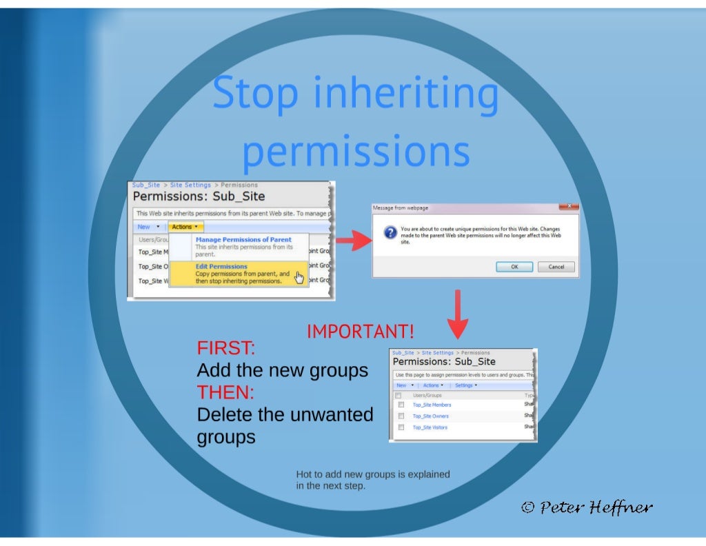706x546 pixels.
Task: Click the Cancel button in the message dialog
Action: tap(556, 267)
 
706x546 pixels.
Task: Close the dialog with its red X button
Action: tap(569, 206)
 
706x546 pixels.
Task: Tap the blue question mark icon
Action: tap(388, 232)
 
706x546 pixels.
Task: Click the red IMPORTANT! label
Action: tap(361, 332)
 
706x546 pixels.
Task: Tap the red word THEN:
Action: tap(225, 393)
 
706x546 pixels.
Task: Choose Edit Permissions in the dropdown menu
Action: tap(221, 266)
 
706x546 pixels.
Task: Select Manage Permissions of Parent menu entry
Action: tap(243, 239)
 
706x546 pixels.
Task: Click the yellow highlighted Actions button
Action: tap(185, 227)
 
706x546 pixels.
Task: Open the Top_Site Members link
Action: tap(432, 405)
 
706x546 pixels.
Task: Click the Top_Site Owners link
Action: tap(430, 416)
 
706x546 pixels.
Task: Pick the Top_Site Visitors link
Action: tap(430, 427)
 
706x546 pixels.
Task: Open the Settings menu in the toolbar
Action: tap(465, 385)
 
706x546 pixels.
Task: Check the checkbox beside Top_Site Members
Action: tap(400, 405)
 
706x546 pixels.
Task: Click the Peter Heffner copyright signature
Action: tap(587, 508)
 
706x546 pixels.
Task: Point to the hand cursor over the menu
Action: tap(299, 277)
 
